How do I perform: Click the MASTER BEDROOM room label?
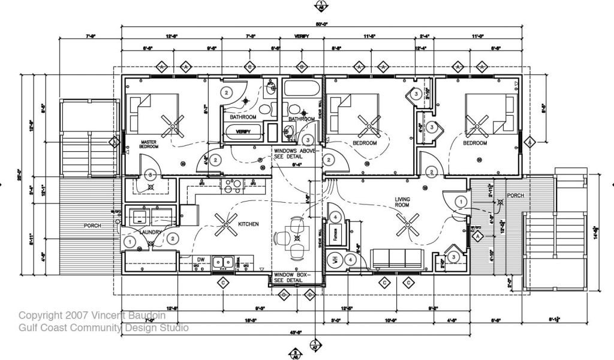(149, 144)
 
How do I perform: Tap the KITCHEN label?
(248, 224)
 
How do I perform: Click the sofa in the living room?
(397, 258)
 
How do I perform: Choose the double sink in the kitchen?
(225, 262)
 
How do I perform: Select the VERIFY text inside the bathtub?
(243, 131)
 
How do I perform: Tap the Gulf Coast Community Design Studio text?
(103, 328)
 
